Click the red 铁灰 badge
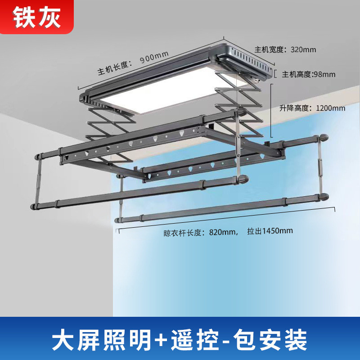pyautogui.click(x=36, y=17)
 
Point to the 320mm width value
pyautogui.click(x=303, y=49)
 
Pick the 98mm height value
pyautogui.click(x=324, y=74)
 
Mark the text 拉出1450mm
pyautogui.click(x=270, y=231)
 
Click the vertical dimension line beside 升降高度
pyautogui.click(x=271, y=108)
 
